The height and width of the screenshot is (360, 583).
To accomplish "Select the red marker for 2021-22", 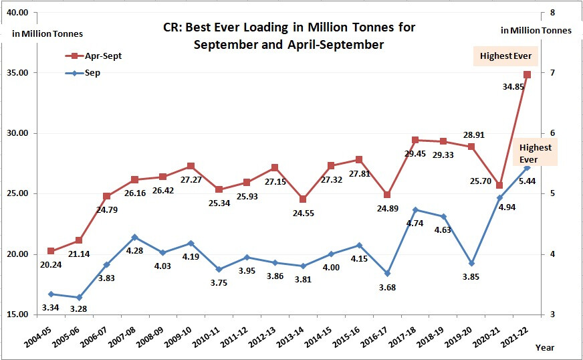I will [x=528, y=74].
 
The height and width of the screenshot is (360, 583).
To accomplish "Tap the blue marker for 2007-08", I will [x=134, y=237].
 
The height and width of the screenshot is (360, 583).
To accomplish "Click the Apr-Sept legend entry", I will [x=93, y=56].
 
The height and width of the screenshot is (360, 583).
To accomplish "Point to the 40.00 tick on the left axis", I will [x=17, y=13].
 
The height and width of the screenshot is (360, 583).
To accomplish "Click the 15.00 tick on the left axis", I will [x=17, y=314].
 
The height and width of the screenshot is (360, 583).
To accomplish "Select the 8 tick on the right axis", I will [x=552, y=13].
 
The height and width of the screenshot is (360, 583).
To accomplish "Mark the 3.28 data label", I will [x=79, y=308].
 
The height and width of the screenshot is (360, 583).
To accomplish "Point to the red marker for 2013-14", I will [x=303, y=199].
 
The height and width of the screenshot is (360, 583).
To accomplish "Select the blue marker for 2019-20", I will [x=471, y=263].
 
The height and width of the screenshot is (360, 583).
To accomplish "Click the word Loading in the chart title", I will [x=257, y=27].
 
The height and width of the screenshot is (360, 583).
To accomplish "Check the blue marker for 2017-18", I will [x=415, y=210].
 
